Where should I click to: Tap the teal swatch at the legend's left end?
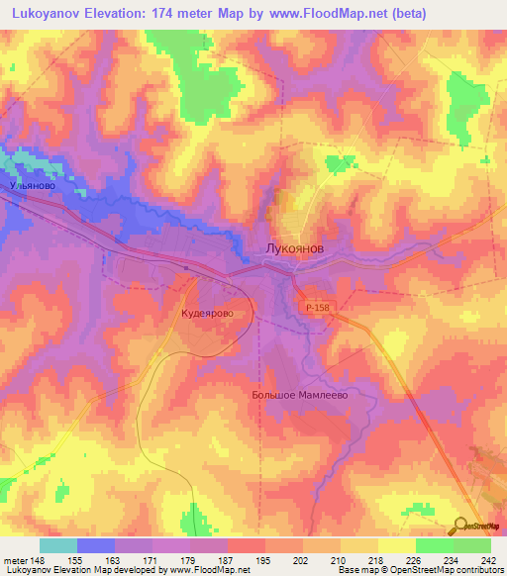(58, 546)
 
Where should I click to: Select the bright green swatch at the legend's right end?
(471, 546)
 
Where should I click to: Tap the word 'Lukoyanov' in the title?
(51, 12)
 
